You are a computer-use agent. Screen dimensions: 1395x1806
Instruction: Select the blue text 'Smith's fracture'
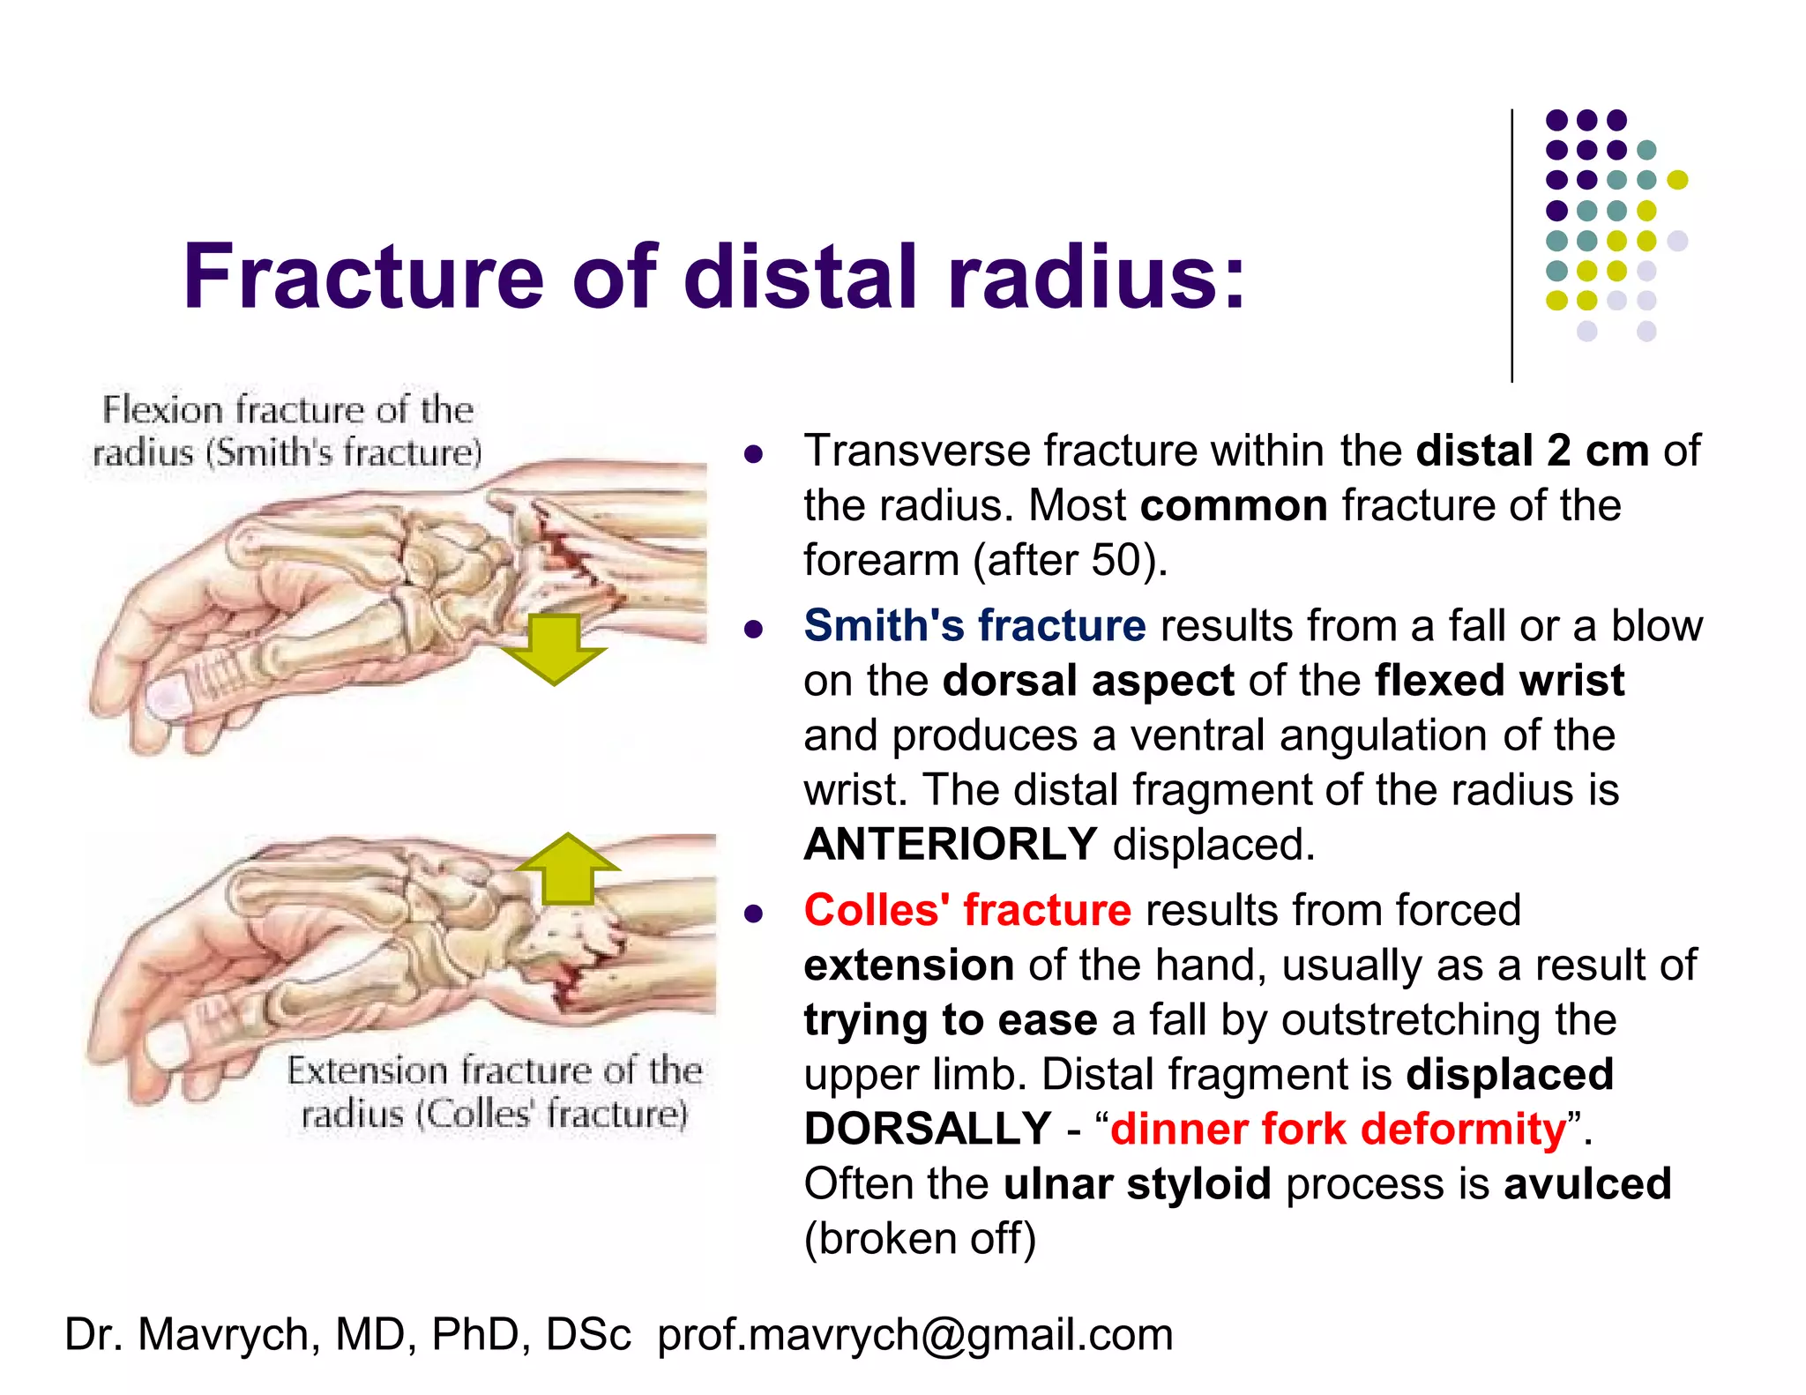point(974,625)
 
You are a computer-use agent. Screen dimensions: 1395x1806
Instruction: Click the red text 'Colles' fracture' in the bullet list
point(967,910)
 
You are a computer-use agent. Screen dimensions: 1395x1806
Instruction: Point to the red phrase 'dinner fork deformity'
point(1338,1129)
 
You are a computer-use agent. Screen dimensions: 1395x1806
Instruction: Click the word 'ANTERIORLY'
point(951,844)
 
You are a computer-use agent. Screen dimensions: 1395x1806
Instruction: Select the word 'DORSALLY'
point(928,1129)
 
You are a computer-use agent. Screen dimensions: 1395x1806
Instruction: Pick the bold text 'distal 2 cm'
point(1532,451)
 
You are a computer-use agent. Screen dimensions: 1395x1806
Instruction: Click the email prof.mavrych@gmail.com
point(915,1334)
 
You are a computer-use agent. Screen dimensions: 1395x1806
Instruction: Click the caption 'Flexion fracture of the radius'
point(287,431)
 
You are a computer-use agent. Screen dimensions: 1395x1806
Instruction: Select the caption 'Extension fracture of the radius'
point(494,1092)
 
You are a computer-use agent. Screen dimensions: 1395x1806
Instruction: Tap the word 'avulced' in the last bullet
point(1587,1183)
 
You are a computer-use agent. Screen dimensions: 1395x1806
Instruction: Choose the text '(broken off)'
point(920,1238)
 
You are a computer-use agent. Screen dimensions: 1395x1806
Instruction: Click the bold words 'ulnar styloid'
point(1137,1183)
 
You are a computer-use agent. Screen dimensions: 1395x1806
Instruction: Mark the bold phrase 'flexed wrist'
point(1499,681)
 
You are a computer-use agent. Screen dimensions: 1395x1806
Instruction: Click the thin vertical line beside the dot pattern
point(1512,247)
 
